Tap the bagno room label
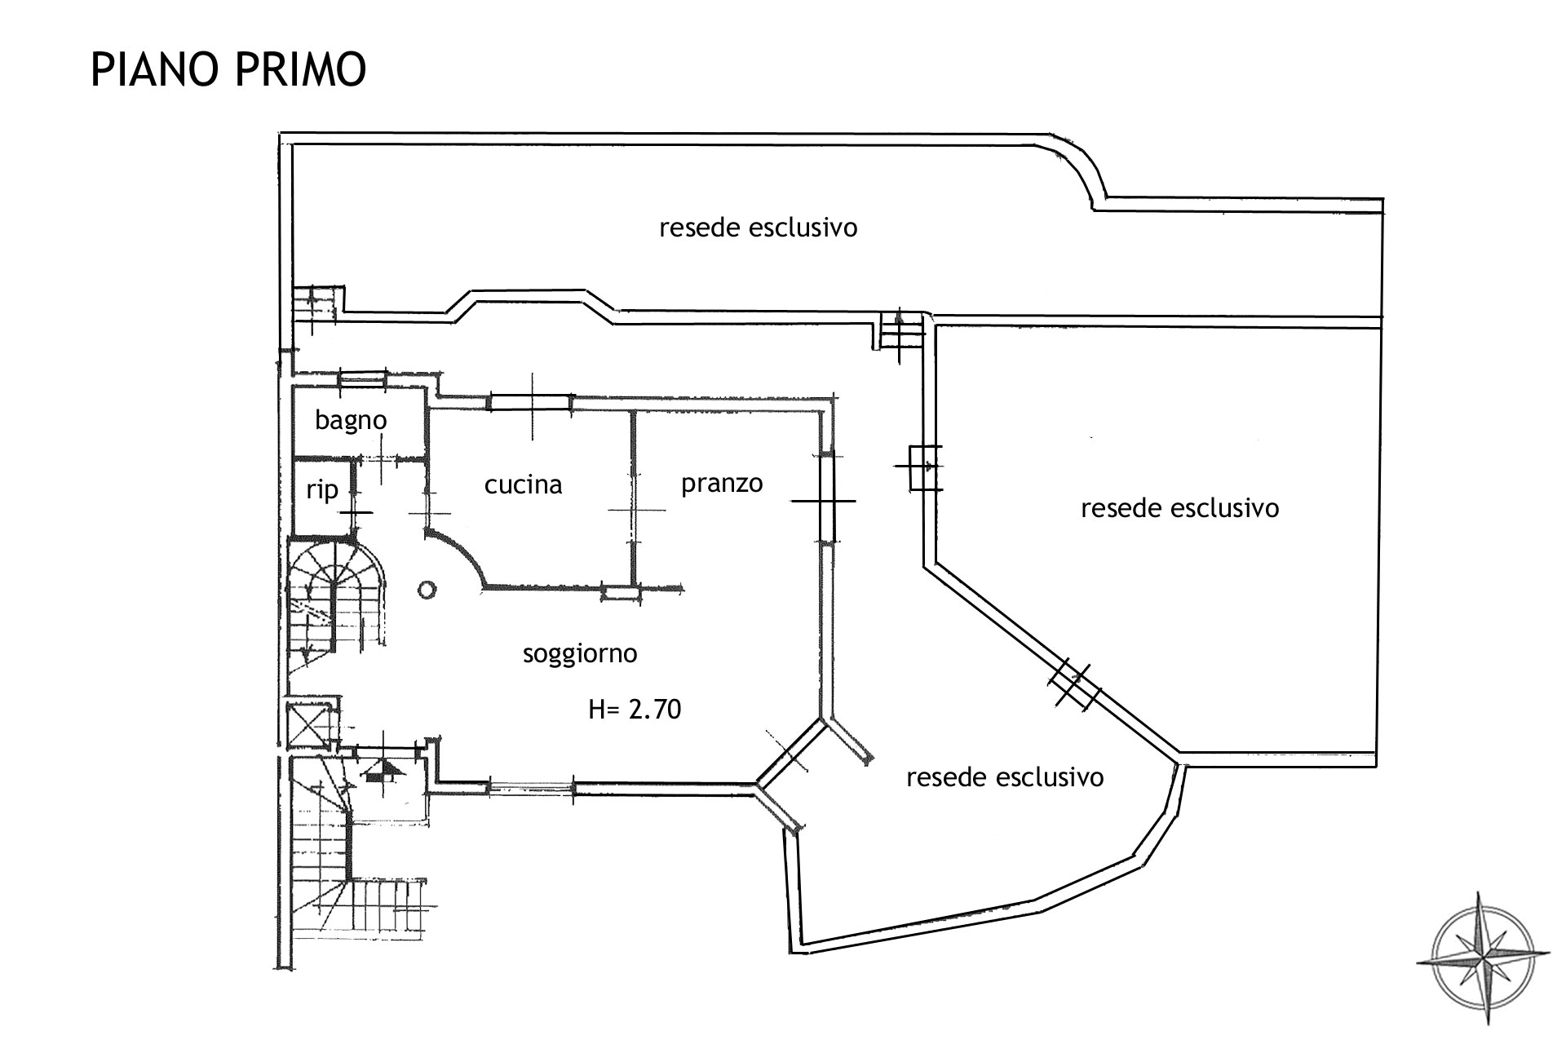point(351,421)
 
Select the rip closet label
point(322,489)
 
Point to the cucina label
point(523,484)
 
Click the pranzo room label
point(722,484)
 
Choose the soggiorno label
point(580,653)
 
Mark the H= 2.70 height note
point(635,710)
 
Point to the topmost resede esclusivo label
point(759,227)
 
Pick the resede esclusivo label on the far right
point(1179,508)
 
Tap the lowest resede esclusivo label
point(1005,777)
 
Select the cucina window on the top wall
point(530,401)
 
